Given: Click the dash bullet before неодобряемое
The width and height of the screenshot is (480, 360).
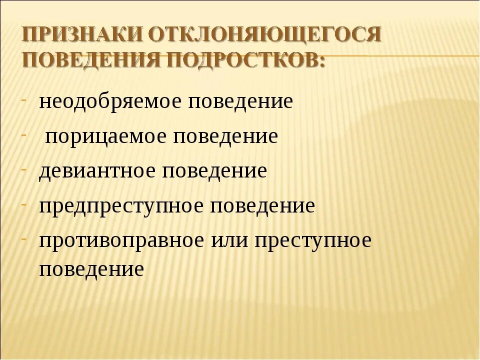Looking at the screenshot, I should click(24, 96).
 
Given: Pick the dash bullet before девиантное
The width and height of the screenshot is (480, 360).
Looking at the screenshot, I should click(24, 165).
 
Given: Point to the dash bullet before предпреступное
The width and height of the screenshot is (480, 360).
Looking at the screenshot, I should click(24, 200).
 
